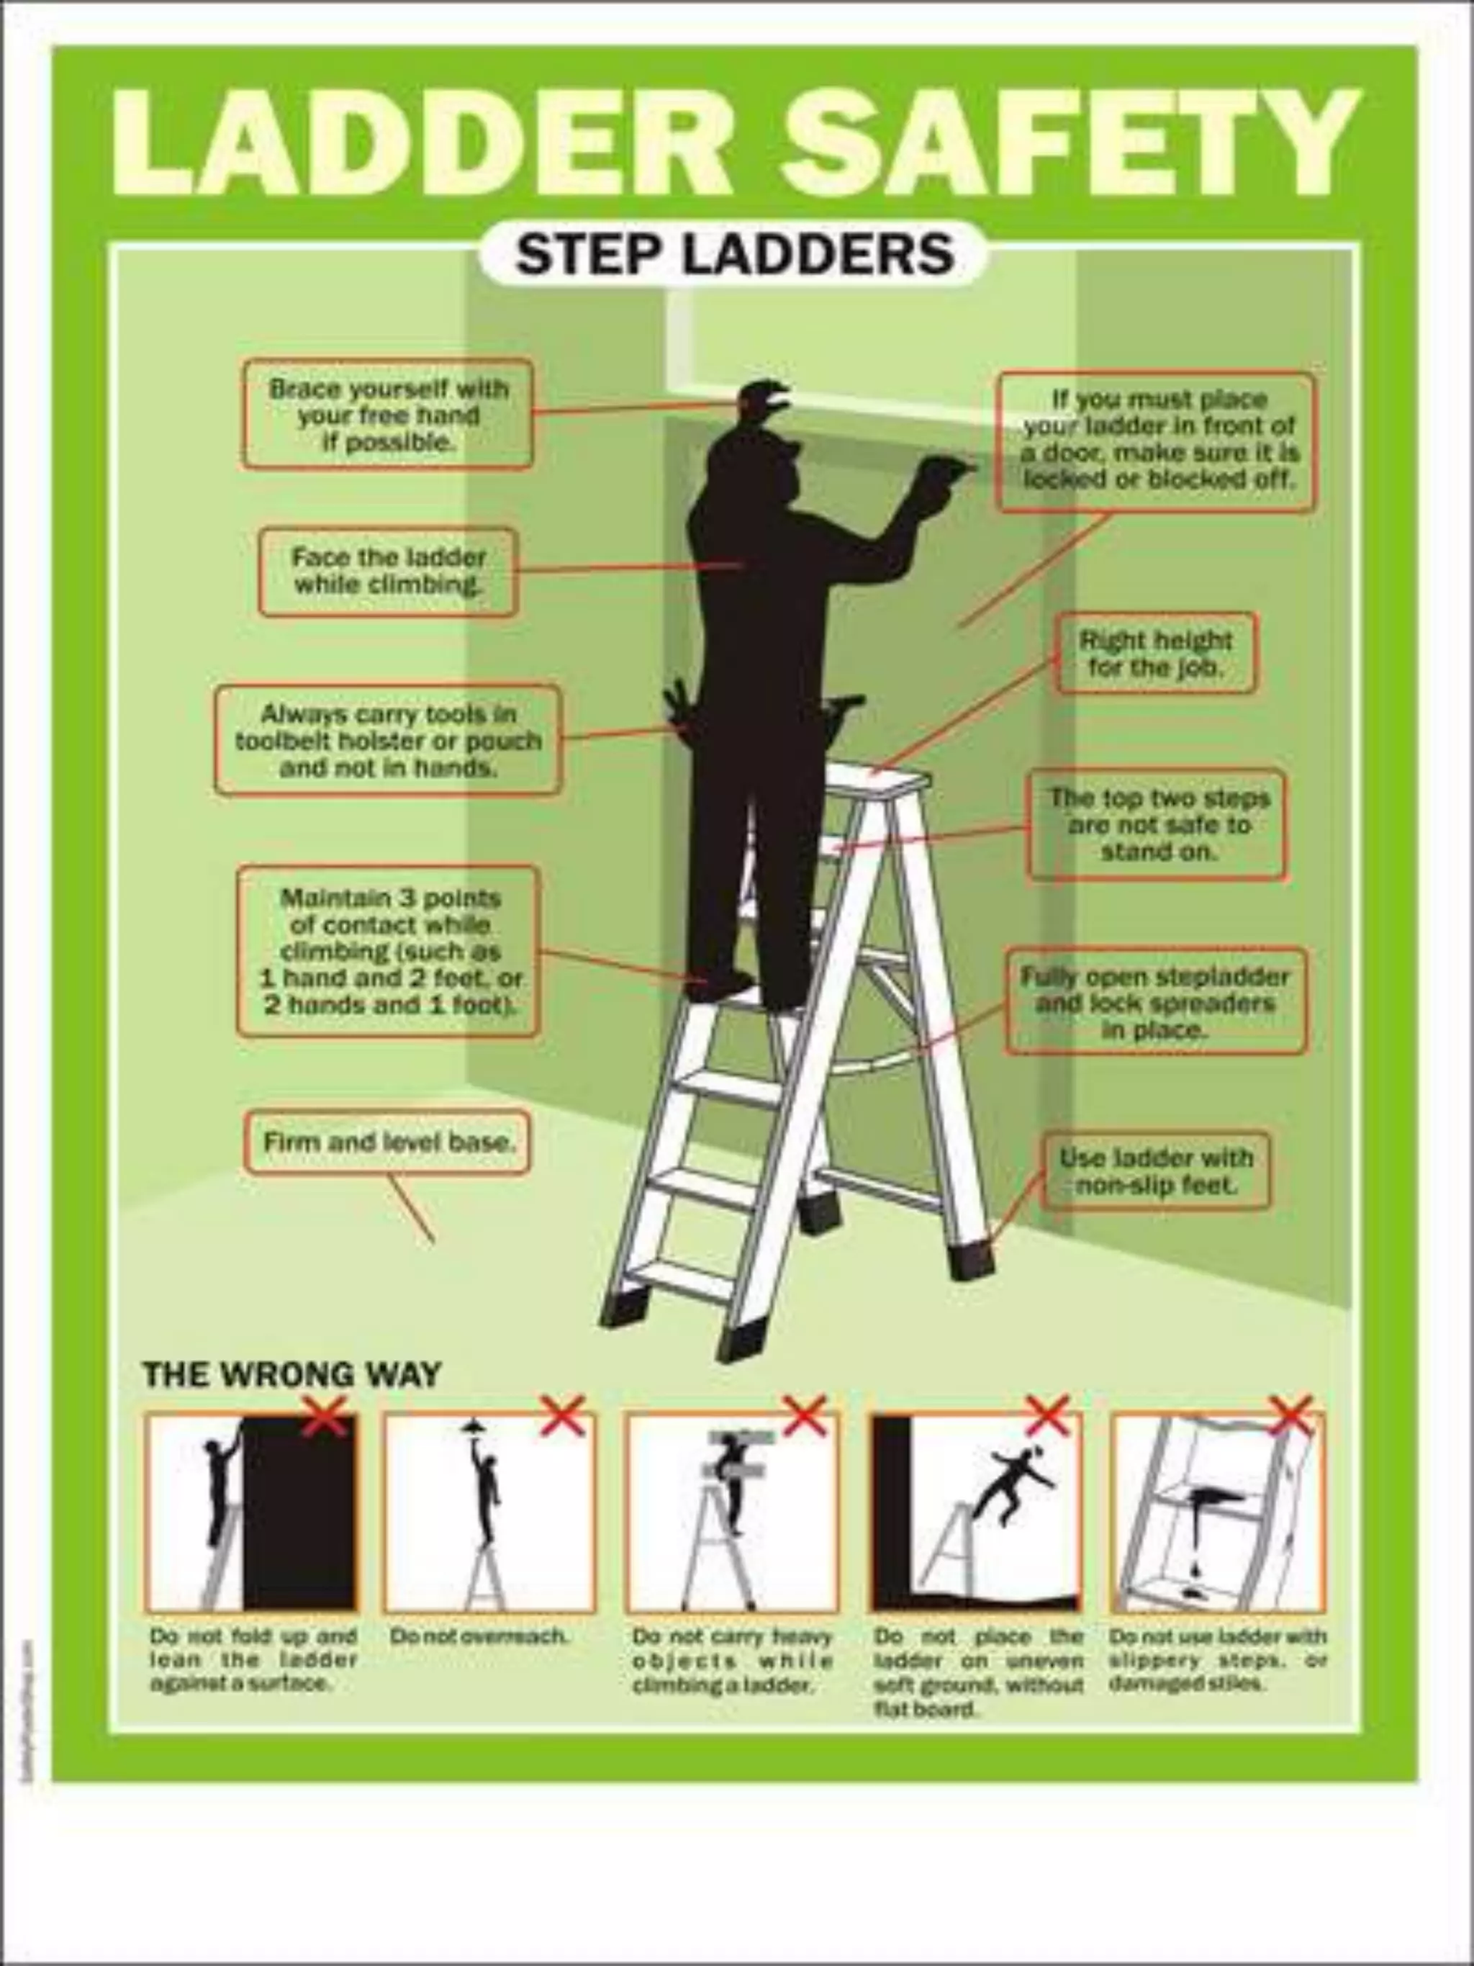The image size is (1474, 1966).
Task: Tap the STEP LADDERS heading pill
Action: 734,255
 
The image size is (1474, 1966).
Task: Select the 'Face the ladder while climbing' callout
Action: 388,572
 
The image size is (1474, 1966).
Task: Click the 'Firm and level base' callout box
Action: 387,1142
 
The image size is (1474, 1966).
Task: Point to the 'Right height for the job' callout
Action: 1156,653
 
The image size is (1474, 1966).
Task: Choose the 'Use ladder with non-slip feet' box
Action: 1156,1171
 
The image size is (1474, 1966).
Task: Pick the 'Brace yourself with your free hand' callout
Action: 388,414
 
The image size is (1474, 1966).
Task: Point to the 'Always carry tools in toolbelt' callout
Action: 388,739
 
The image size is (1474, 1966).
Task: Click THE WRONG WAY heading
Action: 291,1374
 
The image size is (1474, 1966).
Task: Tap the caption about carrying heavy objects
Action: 732,1660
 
